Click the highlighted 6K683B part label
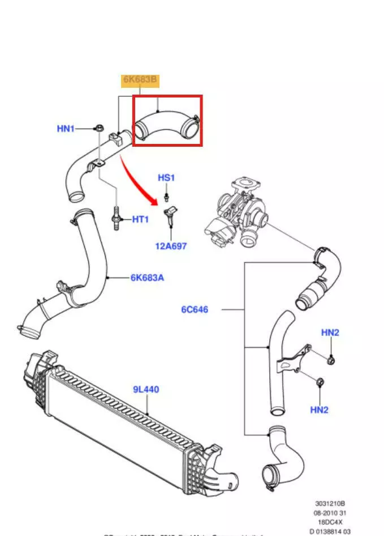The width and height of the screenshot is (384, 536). coord(141,80)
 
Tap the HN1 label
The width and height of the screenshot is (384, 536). coord(66,129)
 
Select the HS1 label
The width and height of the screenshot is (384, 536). coord(166,178)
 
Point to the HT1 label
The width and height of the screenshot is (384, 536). coord(140,219)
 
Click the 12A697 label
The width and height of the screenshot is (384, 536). coord(171,246)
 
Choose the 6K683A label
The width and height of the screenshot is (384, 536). coord(148,278)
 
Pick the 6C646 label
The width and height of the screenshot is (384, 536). coord(195,309)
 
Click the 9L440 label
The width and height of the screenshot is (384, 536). coord(146,389)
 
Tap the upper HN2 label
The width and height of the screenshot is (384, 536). coord(330,333)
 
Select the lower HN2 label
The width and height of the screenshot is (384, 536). coord(319,410)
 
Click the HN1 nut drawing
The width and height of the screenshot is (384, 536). coord(98,129)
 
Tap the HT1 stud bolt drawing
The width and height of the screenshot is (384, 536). coord(117,218)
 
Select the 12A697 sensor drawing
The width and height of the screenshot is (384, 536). coord(170,216)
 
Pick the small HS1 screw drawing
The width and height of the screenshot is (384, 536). coord(167,197)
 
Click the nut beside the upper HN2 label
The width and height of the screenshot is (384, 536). coord(331,359)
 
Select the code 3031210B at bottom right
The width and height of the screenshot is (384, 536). coord(330,502)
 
